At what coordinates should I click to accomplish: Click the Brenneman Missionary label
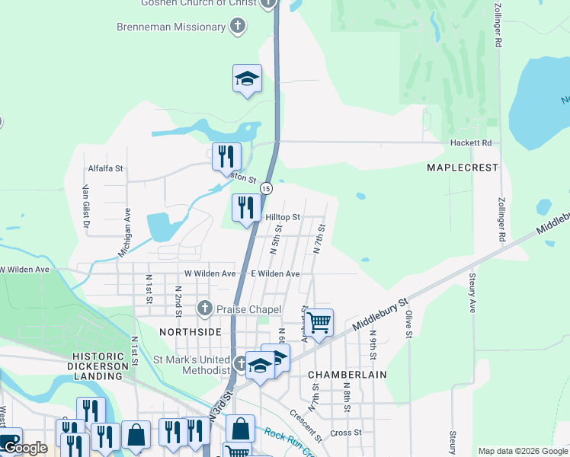click(171, 27)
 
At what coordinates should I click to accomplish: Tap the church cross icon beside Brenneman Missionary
click(238, 27)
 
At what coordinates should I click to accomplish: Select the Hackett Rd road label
click(476, 142)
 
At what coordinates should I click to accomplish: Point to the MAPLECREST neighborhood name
click(462, 167)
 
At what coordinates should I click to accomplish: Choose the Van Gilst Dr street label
click(86, 208)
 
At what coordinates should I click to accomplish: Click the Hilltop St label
click(283, 217)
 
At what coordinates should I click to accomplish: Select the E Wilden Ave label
click(275, 273)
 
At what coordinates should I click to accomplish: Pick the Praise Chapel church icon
click(204, 308)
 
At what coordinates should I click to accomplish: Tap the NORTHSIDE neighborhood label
click(190, 332)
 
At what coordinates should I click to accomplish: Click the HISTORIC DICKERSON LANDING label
click(103, 363)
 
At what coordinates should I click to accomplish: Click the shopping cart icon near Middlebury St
click(319, 321)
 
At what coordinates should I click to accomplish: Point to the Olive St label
click(408, 324)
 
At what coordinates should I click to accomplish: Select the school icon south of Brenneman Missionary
click(247, 78)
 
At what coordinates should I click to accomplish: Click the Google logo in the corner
click(25, 448)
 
